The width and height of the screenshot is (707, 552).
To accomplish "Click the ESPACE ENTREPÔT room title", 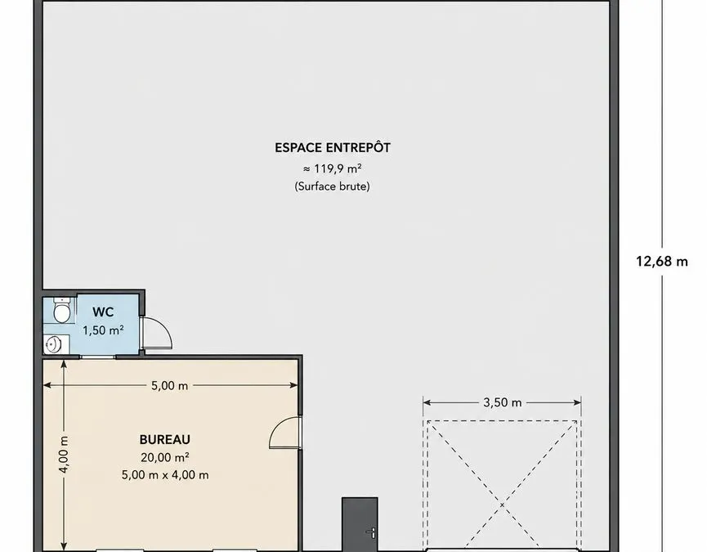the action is click(333, 147).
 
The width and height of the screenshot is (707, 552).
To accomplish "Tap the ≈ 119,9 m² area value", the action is click(333, 168).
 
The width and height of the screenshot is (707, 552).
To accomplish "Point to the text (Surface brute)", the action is click(333, 186).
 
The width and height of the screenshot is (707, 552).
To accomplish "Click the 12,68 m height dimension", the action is click(662, 261).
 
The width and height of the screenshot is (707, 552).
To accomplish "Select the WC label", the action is click(103, 312).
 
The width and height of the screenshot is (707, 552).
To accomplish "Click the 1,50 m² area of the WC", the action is click(103, 330).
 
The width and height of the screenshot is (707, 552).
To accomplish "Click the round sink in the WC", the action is click(54, 345).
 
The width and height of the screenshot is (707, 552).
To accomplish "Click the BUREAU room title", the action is click(165, 439).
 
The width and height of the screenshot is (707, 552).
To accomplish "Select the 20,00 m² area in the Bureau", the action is click(165, 457).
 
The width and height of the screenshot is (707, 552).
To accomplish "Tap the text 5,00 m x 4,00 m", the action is click(165, 475).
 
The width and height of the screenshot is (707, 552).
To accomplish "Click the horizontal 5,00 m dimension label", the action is click(169, 386).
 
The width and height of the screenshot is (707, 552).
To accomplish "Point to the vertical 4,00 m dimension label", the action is click(64, 455).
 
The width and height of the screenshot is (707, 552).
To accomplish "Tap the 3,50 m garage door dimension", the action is click(503, 402).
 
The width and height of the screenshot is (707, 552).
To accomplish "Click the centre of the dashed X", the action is click(502, 505).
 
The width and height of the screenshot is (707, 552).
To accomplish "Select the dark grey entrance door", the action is click(360, 524).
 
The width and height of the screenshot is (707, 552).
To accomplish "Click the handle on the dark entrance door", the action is click(372, 533).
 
